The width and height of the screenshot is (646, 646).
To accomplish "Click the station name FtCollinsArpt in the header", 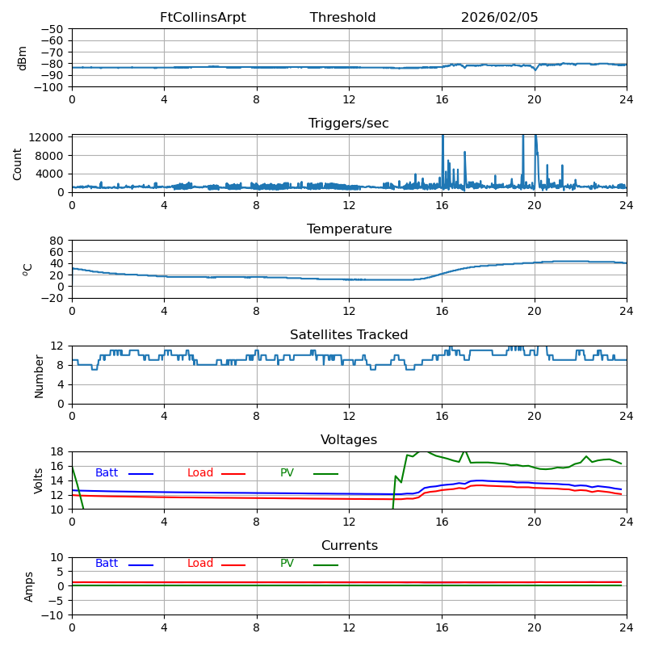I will (x=203, y=18).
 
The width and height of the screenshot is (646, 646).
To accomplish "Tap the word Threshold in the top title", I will (x=342, y=18).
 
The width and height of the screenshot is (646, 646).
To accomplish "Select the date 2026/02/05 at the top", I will (x=499, y=18).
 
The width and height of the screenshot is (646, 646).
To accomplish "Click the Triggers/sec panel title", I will (x=349, y=124).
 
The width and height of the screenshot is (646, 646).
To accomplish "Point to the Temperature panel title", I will (x=349, y=229).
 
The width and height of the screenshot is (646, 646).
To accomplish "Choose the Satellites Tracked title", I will (x=349, y=335).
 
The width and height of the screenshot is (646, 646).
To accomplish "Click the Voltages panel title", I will (x=349, y=440).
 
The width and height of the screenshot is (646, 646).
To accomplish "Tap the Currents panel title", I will (x=349, y=546).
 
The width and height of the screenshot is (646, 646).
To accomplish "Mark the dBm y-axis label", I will (x=23, y=58).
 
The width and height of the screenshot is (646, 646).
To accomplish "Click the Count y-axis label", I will (x=18, y=163).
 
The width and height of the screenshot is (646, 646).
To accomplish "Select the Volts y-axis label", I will (x=39, y=480).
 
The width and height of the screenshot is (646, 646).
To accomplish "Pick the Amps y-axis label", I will (x=29, y=586).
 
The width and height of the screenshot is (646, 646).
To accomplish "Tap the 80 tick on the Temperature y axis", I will (x=57, y=241).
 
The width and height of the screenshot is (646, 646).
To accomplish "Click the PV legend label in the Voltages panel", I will (x=288, y=473).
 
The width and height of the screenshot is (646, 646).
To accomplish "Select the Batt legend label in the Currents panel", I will (x=107, y=564).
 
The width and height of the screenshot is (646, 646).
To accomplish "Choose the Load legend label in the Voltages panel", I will (x=200, y=473).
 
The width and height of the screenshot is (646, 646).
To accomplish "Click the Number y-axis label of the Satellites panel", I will (x=39, y=375).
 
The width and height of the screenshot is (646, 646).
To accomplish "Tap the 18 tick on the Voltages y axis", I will (x=57, y=451).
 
